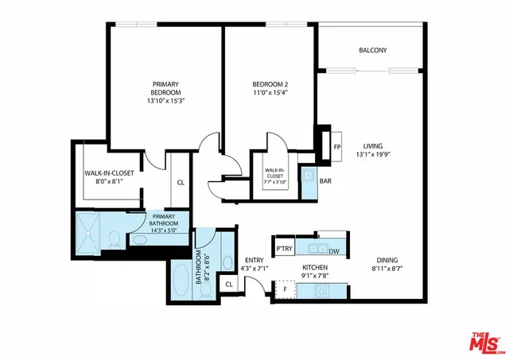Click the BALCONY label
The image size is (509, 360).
click(372, 50)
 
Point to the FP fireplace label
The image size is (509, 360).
click(336, 147)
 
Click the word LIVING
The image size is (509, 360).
click(373, 146)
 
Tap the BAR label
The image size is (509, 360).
click(325, 181)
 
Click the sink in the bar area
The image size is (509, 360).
click(307, 175)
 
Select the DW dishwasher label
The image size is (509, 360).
click(334, 251)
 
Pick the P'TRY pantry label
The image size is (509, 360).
click(285, 249)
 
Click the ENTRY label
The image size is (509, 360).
click(254, 260)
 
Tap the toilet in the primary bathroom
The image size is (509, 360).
click(115, 238)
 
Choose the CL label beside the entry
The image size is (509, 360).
click(229, 284)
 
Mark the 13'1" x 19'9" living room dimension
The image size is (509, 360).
click(373, 156)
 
